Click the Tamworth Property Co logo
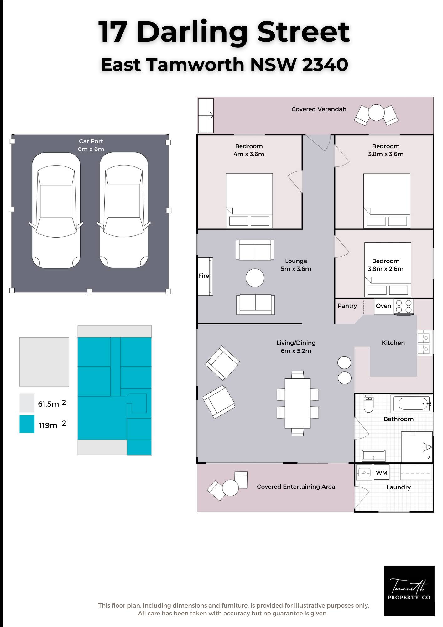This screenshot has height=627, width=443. point(409,591)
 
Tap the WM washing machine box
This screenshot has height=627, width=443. point(382,472)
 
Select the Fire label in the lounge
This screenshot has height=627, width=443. point(204,276)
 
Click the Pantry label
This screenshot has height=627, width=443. point(347,306)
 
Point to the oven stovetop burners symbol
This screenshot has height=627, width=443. point(404,307)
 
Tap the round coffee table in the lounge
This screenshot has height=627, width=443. point(255,278)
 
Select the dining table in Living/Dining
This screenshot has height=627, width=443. point(298,403)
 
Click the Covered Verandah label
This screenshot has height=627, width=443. point(319,109)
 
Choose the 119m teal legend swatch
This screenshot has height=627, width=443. point(27,424)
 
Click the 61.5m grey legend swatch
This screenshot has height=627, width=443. point(27,403)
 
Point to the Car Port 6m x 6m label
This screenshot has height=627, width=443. point(91,145)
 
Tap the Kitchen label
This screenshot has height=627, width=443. point(393,343)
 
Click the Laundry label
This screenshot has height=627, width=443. point(399,487)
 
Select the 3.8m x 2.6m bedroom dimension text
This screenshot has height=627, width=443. point(386,269)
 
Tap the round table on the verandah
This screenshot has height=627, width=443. point(376,113)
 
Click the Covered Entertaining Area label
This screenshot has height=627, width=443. point(296,487)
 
